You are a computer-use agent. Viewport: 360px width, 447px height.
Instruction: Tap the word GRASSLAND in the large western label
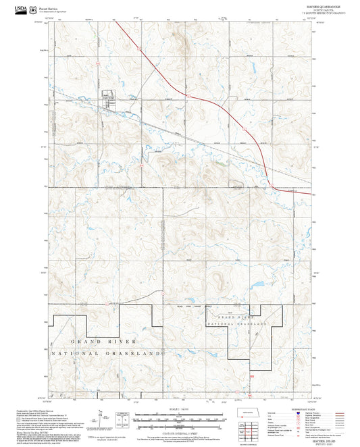138,353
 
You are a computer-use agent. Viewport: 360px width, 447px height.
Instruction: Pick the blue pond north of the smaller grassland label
257,284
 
